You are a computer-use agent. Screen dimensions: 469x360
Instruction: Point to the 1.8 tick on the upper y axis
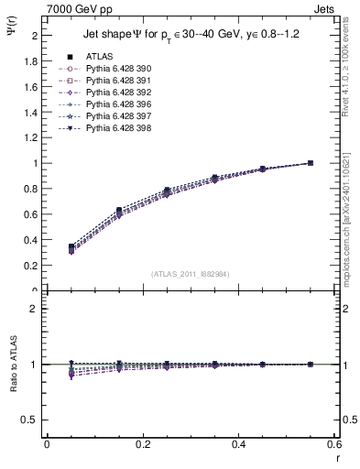(33, 61)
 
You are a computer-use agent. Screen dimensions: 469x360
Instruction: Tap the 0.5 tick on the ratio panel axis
(31, 420)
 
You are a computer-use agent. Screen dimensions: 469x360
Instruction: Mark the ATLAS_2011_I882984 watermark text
(190, 273)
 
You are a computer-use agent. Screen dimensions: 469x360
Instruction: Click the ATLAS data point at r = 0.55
(310, 163)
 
